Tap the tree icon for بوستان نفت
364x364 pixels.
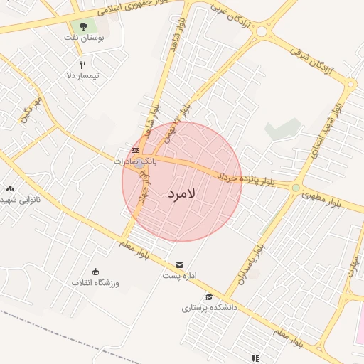pyautogui.click(x=84, y=26)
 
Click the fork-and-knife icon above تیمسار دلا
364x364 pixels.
pyautogui.click(x=83, y=65)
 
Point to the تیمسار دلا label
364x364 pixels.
pyautogui.click(x=82, y=75)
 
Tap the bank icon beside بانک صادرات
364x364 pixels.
pyautogui.click(x=135, y=150)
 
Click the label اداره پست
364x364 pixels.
pyautogui.click(x=179, y=274)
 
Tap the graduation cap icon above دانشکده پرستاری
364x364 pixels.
pyautogui.click(x=209, y=297)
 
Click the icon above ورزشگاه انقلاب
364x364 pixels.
pyautogui.click(x=95, y=271)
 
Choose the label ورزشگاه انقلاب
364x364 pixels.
pyautogui.click(x=95, y=282)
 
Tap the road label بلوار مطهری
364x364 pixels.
pyautogui.click(x=322, y=193)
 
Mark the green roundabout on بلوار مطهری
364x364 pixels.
pyautogui.click(x=295, y=188)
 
